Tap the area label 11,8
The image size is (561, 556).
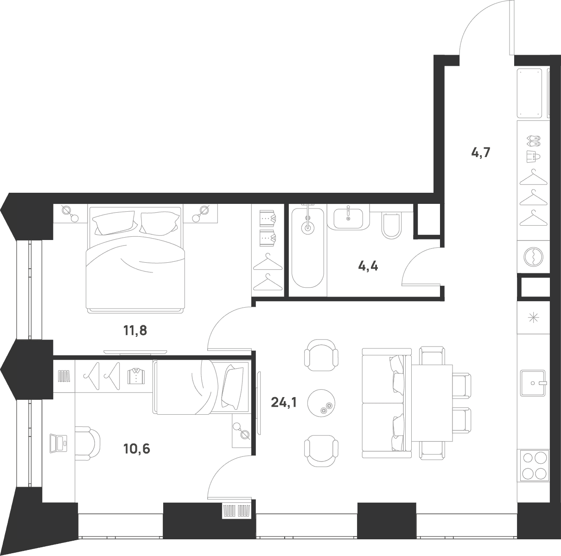coord(135,330)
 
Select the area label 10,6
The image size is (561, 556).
coord(136,449)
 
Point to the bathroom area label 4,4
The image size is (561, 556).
coord(368,266)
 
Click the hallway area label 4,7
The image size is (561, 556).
coord(481,152)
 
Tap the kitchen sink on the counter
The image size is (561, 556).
coord(533,383)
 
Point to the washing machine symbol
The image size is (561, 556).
coord(534,257)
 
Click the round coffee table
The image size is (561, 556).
coord(321,403)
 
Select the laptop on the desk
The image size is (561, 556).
coord(58,443)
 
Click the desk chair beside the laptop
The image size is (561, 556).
coord(88,443)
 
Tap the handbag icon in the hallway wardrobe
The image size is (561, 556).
coord(533,157)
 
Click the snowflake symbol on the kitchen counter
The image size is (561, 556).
coord(533,318)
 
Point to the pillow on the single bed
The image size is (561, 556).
coord(233,387)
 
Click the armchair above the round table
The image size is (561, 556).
coord(321,354)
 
